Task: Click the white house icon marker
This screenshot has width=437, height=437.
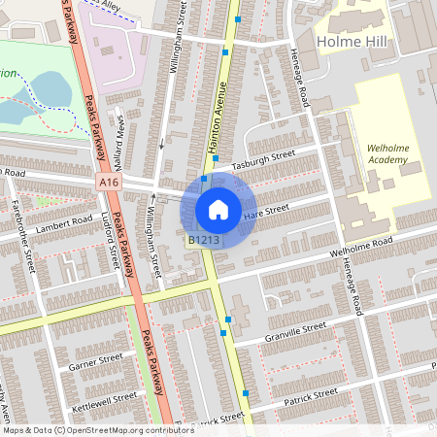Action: pyautogui.click(x=218, y=209)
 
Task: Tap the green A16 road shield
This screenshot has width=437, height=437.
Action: pyautogui.click(x=109, y=182)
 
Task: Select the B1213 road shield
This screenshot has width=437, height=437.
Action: pyautogui.click(x=203, y=240)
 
